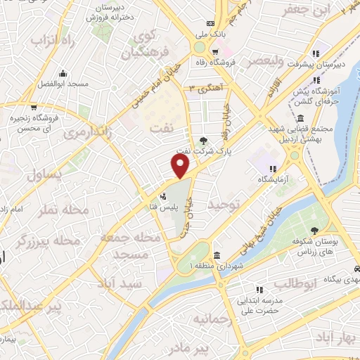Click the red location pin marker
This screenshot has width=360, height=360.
tap(181, 167)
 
